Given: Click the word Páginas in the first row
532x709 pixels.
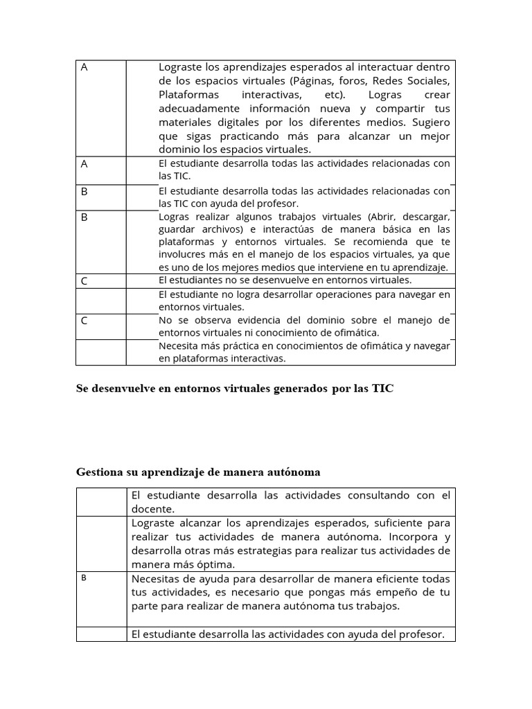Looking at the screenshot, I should pos(310,80).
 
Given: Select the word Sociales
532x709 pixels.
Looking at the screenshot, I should pos(428,80).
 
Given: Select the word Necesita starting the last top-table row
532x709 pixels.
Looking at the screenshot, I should pos(179,345).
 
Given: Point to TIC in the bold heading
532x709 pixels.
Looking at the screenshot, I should pos(382,388).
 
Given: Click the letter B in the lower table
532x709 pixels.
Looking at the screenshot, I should pos(84,578).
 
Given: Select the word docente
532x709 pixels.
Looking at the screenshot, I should pos(151,509).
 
